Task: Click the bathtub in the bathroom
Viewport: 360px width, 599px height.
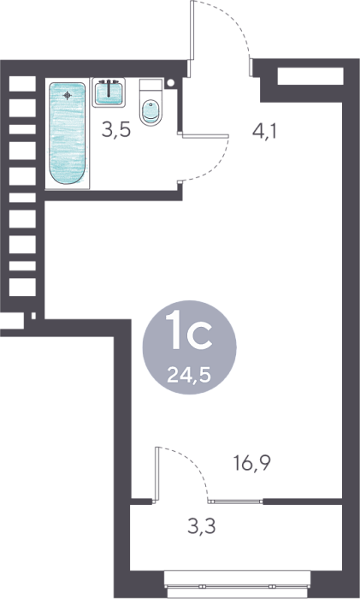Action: click(68, 133)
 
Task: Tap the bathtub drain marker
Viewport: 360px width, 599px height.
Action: click(68, 95)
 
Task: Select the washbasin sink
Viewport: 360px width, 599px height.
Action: click(109, 92)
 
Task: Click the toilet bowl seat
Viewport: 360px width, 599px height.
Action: click(150, 112)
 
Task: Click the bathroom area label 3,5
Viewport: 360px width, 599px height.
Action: click(116, 130)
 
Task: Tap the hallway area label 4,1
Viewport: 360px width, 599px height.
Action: click(264, 132)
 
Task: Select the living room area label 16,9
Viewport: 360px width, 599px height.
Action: click(252, 464)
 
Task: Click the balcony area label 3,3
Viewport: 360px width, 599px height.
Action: click(202, 526)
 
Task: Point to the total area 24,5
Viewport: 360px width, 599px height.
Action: click(189, 376)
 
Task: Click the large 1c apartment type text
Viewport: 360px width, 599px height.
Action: click(190, 330)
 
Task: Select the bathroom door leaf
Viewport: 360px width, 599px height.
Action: click(205, 136)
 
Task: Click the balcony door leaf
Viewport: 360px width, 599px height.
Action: click(156, 473)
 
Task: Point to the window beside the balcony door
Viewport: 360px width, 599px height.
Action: click(235, 501)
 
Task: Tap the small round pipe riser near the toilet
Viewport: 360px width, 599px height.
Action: click(171, 82)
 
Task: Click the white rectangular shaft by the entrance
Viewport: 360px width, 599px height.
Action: click(310, 76)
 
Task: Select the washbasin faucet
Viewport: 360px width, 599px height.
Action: click(109, 88)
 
